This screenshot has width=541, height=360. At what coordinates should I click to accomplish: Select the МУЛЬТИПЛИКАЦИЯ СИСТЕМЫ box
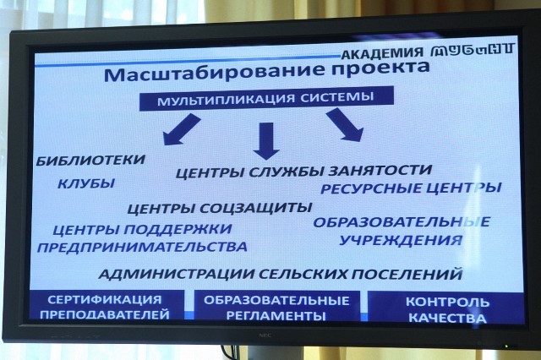tap(266, 98)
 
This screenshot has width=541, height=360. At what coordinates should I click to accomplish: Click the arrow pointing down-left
tap(182, 129)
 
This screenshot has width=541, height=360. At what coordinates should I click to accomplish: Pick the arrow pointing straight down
tap(266, 140)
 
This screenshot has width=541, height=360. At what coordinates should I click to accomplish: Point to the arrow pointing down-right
tap(345, 124)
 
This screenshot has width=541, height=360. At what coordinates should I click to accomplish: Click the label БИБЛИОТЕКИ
tap(90, 161)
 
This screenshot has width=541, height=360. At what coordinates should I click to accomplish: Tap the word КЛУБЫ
tap(86, 183)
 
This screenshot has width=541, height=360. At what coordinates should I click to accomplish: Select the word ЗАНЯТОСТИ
tap(380, 170)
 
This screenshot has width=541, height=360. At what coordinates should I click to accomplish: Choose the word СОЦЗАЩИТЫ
tap(256, 208)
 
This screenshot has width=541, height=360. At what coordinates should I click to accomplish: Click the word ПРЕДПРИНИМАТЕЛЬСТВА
tap(142, 247)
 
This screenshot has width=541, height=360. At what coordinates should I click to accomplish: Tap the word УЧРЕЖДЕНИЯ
tap(401, 240)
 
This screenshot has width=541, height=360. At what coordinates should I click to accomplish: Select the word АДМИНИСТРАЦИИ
tap(177, 274)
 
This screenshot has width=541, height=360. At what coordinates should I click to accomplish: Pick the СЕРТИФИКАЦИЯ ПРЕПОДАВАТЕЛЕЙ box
tap(105, 306)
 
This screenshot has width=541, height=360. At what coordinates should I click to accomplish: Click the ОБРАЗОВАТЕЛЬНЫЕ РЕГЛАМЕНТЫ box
tap(277, 307)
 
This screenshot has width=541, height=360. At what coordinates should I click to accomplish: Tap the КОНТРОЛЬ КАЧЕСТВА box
tap(446, 308)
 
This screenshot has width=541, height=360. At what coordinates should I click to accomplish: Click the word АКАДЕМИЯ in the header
tap(382, 52)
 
